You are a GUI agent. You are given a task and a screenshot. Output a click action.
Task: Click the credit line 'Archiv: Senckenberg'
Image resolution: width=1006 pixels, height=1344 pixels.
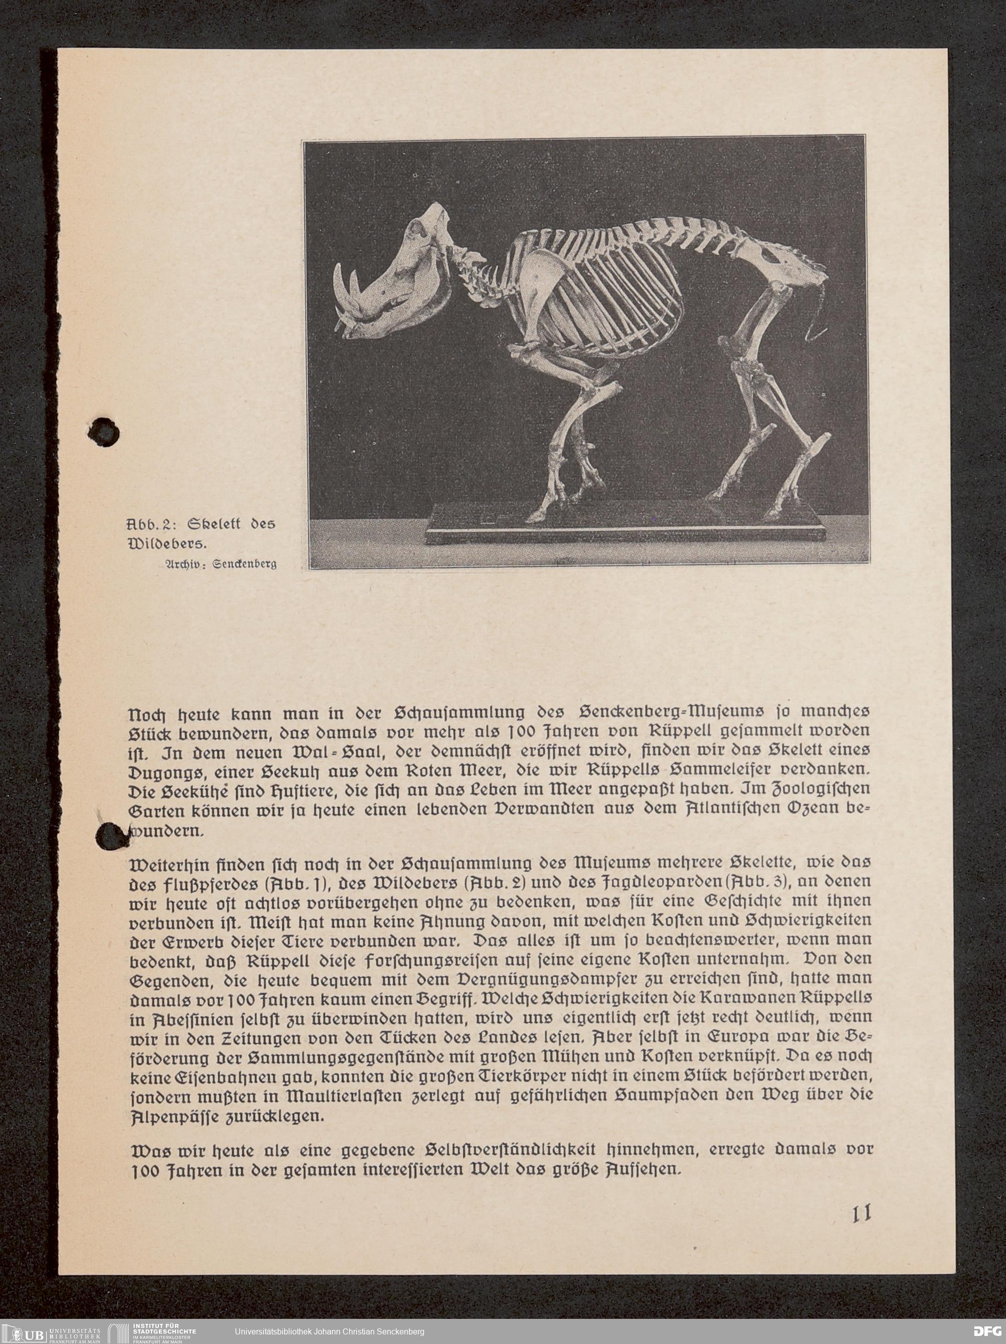click(217, 563)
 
